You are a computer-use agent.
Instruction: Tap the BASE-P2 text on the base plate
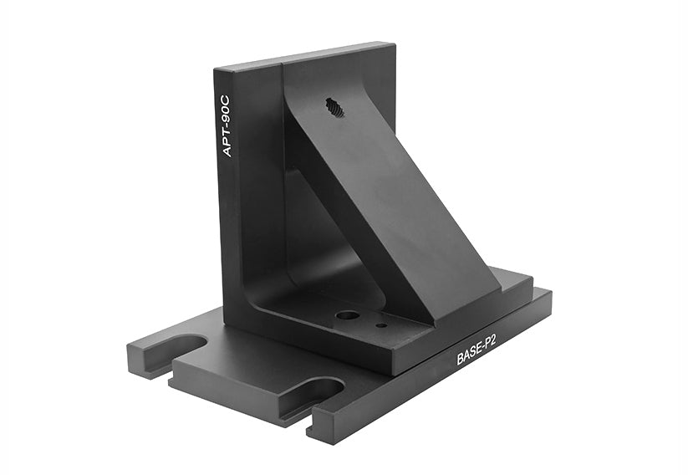477,347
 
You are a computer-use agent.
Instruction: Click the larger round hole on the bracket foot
347,316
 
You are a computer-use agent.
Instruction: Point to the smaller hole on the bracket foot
381,325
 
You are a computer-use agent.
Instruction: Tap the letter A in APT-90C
226,151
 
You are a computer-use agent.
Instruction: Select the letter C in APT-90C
226,94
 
